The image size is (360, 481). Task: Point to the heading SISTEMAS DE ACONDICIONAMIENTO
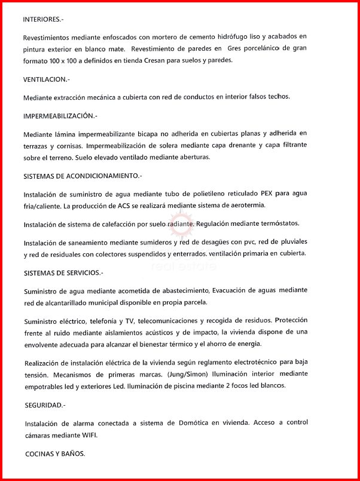pyautogui.click(x=83, y=176)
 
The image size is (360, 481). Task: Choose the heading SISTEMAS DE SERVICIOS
pyautogui.click(x=63, y=272)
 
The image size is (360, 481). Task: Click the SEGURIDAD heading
pyautogui.click(x=44, y=405)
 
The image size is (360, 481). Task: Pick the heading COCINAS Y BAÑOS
pyautogui.click(x=55, y=454)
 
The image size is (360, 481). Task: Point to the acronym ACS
pyautogui.click(x=122, y=206)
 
